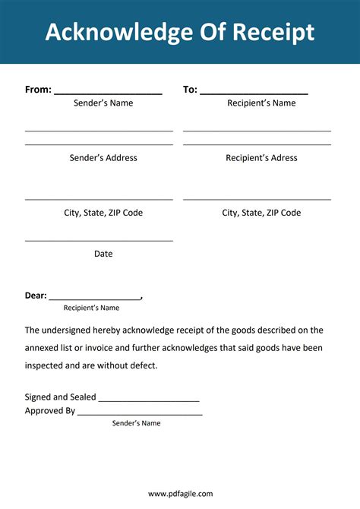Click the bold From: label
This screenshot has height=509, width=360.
pos(38,90)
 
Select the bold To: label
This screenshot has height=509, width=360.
pos(190,90)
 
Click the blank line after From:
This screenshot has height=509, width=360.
pos(108,93)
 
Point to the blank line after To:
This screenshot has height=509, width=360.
pos(254,93)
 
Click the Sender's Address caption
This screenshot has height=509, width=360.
pos(103,158)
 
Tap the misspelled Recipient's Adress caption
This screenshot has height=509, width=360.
pos(261,158)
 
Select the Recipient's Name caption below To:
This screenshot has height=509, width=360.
pos(261,103)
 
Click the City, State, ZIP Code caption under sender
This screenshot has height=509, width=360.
pos(103,213)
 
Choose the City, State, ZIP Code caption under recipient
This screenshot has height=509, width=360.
pos(261,213)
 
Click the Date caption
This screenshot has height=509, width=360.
pos(103,254)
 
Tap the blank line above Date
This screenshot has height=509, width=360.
pos(99,241)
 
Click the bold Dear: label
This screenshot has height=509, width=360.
pos(36,296)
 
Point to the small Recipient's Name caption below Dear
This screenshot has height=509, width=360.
pos(91,308)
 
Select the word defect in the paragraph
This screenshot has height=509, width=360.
pos(143,365)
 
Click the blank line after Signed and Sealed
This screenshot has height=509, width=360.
pos(149,400)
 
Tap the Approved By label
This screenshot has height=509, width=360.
pos(50,411)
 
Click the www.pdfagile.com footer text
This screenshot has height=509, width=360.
pos(180,494)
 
